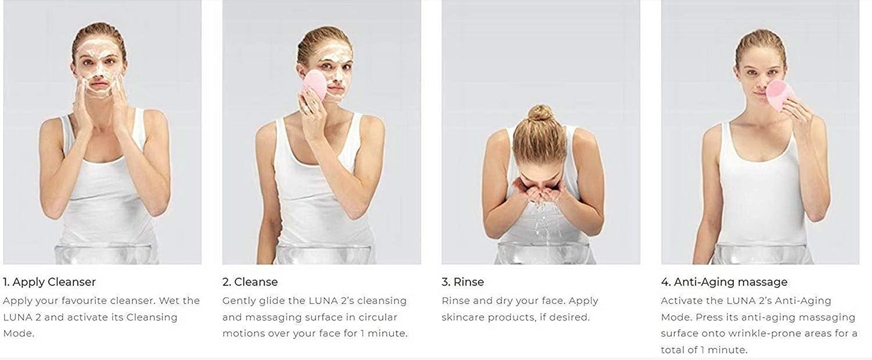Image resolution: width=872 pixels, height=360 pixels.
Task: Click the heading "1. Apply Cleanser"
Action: (49, 281)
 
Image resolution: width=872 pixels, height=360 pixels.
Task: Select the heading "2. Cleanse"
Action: (250, 281)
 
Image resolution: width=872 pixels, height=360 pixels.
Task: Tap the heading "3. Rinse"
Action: (463, 281)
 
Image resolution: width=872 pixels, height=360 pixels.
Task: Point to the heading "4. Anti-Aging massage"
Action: (724, 281)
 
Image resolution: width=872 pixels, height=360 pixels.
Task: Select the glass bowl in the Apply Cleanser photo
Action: (103, 254)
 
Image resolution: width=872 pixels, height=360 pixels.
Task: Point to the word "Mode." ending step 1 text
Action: (19, 333)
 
